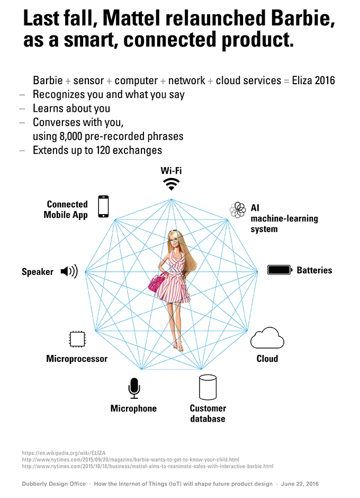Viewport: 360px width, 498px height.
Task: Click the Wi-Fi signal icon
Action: pyautogui.click(x=170, y=184)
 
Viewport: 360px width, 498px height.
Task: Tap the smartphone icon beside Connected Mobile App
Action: pyautogui.click(x=103, y=207)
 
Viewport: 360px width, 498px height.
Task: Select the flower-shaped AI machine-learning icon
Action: pyautogui.click(x=238, y=210)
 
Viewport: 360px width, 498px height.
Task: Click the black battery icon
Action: pyautogui.click(x=280, y=270)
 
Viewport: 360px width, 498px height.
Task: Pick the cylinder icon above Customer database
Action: pyautogui.click(x=208, y=388)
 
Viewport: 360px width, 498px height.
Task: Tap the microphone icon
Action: pyautogui.click(x=133, y=389)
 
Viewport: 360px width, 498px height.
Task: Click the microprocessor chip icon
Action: pyautogui.click(x=77, y=339)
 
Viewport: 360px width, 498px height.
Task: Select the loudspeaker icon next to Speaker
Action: pyautogui.click(x=69, y=272)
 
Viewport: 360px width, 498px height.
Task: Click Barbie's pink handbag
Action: pyautogui.click(x=157, y=283)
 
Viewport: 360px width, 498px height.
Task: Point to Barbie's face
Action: pyautogui.click(x=173, y=238)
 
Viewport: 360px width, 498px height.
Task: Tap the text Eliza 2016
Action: pyautogui.click(x=313, y=81)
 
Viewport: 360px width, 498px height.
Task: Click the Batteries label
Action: pyautogui.click(x=314, y=270)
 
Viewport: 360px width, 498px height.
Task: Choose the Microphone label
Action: pyautogui.click(x=133, y=408)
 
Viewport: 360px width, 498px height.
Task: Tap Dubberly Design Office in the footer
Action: pyautogui.click(x=53, y=484)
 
